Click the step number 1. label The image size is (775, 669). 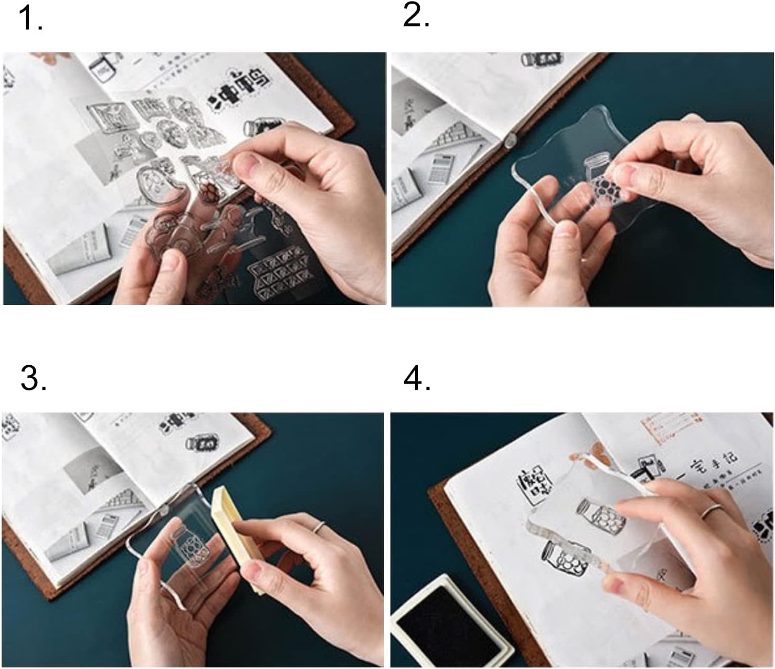30,19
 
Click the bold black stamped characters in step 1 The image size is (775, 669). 239,93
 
